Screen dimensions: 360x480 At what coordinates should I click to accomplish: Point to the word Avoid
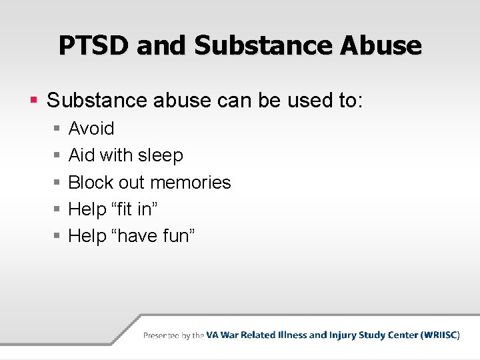pos(91,128)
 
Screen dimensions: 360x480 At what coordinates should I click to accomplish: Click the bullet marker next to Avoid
pos(57,129)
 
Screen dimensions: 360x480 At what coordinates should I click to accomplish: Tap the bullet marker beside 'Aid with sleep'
pos(57,156)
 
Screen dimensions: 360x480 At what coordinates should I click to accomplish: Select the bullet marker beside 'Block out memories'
pos(57,183)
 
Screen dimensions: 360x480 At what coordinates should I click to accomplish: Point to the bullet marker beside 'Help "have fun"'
pos(57,236)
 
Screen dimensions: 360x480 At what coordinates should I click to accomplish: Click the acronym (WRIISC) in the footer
pos(440,335)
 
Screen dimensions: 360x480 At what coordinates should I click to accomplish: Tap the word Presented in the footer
pos(161,335)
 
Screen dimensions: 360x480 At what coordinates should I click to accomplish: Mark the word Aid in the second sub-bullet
pos(81,155)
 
